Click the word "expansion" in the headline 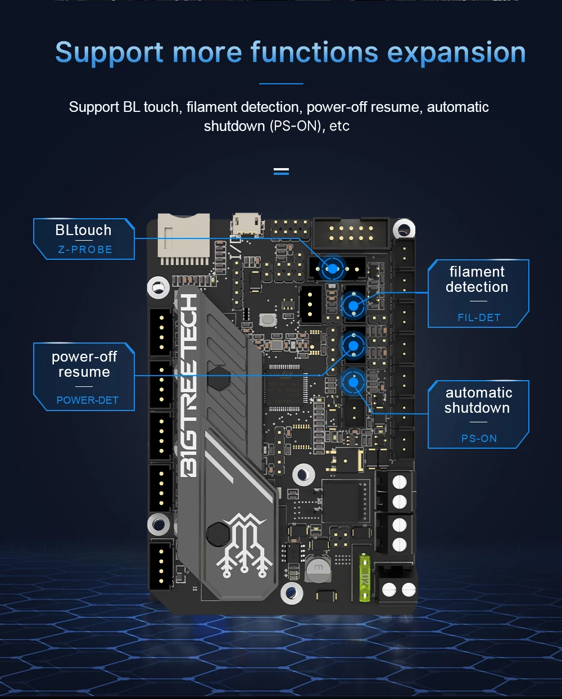[456, 53]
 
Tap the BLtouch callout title [83, 230]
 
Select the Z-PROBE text [85, 250]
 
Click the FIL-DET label [479, 318]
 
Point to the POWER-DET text [87, 400]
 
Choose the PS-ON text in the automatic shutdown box [479, 439]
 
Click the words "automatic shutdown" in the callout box [478, 400]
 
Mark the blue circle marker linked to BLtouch [333, 269]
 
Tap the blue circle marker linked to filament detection [353, 306]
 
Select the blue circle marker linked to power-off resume [353, 345]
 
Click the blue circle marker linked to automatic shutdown [353, 383]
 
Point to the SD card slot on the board [183, 238]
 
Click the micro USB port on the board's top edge [246, 225]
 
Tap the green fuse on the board [365, 578]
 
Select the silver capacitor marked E [318, 569]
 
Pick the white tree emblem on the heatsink [244, 544]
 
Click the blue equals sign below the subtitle [281, 171]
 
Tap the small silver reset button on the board [268, 320]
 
